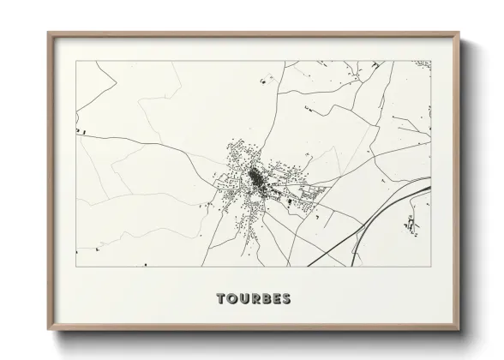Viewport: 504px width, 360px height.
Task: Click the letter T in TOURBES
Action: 221,299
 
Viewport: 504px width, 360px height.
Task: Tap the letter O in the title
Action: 232,299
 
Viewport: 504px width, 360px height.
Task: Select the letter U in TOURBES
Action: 243,299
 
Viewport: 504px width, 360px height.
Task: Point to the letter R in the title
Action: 255,299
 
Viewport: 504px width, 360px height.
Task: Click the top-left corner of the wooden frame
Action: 48,33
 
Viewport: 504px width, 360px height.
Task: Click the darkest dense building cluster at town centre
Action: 256,179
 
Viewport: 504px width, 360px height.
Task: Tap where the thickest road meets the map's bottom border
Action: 308,267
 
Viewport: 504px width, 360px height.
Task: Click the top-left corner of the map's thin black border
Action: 77,61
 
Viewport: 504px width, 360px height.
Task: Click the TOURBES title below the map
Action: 253,299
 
